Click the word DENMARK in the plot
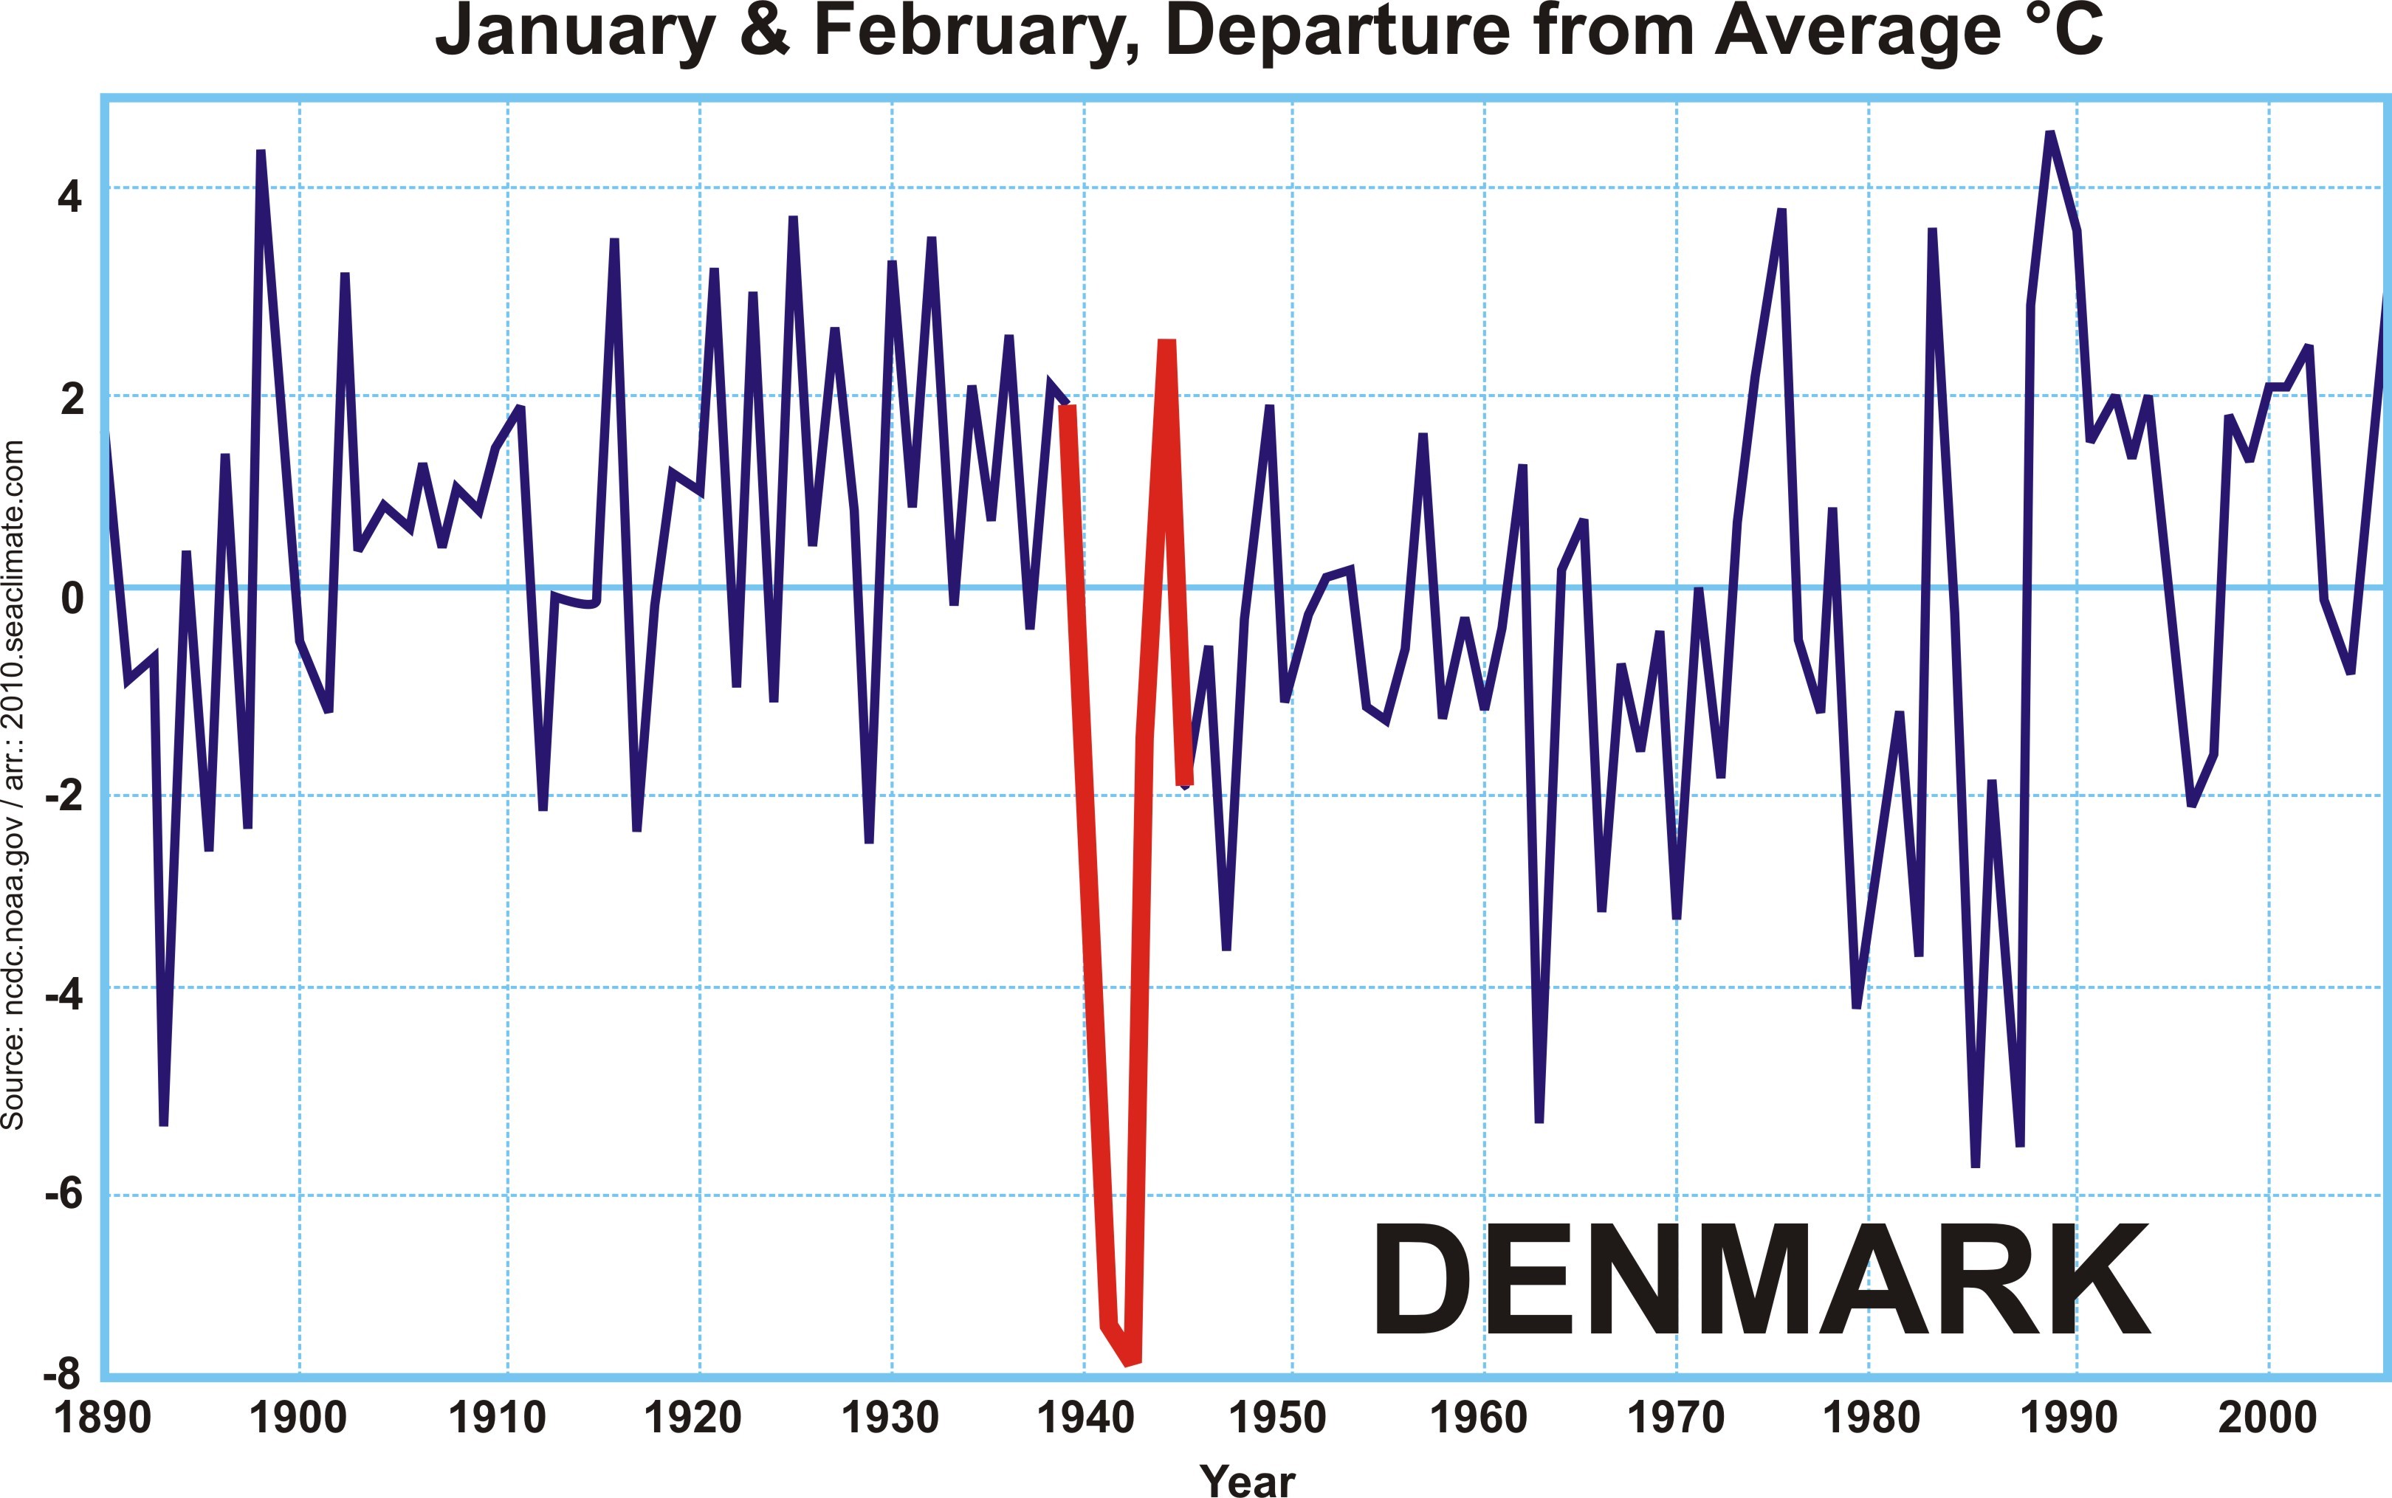[x=1761, y=1280]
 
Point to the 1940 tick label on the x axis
[x=1085, y=1418]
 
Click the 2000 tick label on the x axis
[x=2267, y=1418]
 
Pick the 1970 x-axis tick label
[x=1677, y=1418]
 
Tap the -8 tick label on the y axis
[x=61, y=1376]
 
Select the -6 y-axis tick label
[x=61, y=1194]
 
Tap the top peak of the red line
[x=1167, y=344]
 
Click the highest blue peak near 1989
[x=2050, y=134]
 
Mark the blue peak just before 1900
[x=261, y=153]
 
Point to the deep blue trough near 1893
[x=163, y=1123]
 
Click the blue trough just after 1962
[x=1539, y=1119]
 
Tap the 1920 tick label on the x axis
[x=692, y=1418]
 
